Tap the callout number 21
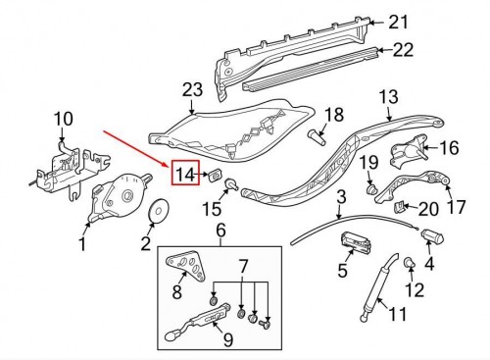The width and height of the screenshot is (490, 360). (x=398, y=23)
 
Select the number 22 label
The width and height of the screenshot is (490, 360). (x=403, y=50)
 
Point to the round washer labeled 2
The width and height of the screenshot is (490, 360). (x=159, y=211)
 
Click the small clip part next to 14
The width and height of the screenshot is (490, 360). (x=215, y=175)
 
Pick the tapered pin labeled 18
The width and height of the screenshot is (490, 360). (x=317, y=137)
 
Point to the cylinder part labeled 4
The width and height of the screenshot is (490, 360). (x=432, y=236)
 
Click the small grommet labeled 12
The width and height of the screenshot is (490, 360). (x=410, y=262)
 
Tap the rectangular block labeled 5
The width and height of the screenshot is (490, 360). (x=356, y=243)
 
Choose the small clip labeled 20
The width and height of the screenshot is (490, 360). (x=399, y=207)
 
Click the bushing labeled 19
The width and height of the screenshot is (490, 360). (x=371, y=189)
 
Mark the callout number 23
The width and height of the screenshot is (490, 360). (x=192, y=90)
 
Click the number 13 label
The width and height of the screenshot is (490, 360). (x=389, y=97)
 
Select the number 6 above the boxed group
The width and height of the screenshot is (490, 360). (x=220, y=231)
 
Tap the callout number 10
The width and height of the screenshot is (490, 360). (x=64, y=119)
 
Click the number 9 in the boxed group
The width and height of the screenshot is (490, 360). (x=228, y=339)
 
